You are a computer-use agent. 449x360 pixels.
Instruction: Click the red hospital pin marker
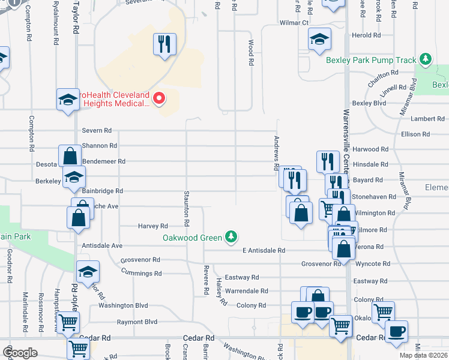[x=159, y=98]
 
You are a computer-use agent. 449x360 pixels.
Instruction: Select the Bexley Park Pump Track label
[x=371, y=60]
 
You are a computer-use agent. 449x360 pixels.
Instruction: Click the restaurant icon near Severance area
[x=164, y=44]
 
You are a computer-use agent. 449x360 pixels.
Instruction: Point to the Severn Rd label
[x=97, y=130]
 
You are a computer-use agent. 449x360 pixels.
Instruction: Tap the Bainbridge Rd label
[x=102, y=191]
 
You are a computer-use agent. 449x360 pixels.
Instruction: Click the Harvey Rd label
[x=152, y=226]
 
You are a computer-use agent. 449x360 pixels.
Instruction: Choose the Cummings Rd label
[x=140, y=274]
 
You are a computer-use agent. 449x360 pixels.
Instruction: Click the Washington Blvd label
[x=123, y=305]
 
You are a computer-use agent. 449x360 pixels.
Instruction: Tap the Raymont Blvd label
[x=137, y=322]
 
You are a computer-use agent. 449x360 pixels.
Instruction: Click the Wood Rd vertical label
[x=250, y=53]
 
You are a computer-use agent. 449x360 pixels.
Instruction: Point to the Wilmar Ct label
[x=294, y=23]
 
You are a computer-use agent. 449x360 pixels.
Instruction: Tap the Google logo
[x=20, y=352]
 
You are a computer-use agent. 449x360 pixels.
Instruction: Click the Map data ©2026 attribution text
[x=424, y=355]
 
